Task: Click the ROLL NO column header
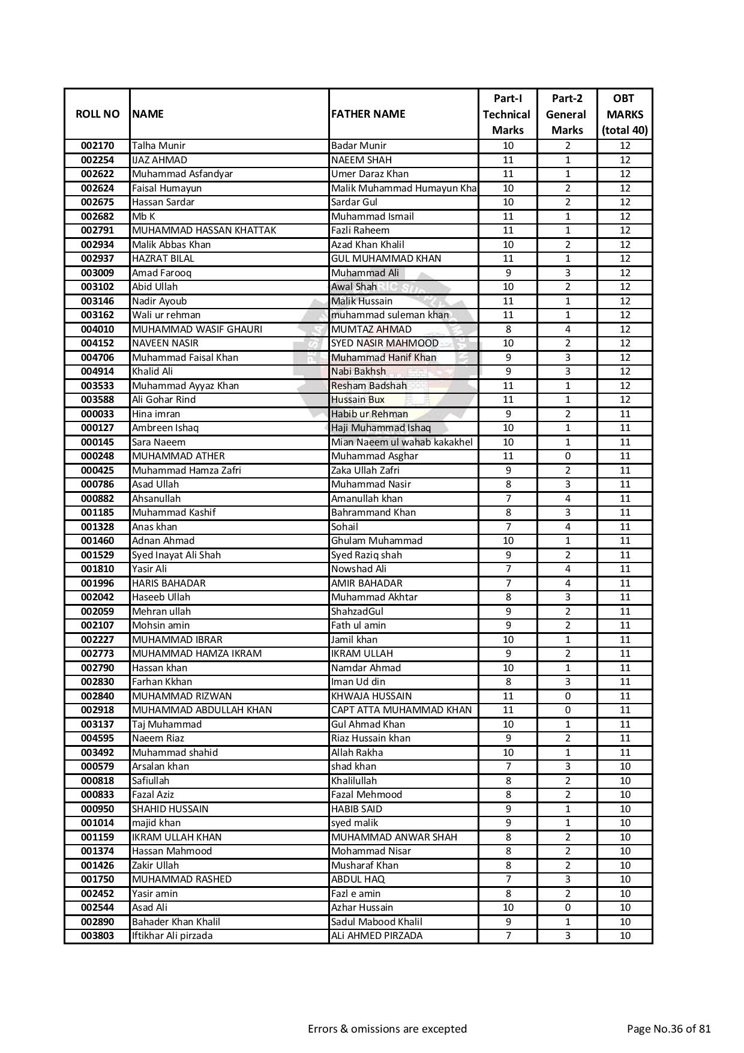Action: tap(97, 114)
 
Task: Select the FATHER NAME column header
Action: tap(368, 114)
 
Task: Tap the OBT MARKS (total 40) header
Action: tap(625, 114)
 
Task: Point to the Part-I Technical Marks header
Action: tap(508, 114)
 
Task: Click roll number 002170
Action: tap(97, 146)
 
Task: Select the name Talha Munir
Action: tap(159, 146)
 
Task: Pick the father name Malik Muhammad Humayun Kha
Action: tap(404, 189)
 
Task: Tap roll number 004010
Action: tap(97, 330)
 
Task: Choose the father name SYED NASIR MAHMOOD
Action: tap(385, 343)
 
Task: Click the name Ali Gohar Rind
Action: tap(164, 400)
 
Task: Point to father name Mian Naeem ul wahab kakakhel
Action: tap(402, 442)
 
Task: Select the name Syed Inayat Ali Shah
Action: tap(176, 555)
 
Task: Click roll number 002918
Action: tap(97, 710)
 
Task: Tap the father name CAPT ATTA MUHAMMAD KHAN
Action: tap(401, 710)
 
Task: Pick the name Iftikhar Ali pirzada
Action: tap(172, 936)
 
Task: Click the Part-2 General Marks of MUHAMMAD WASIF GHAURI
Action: tap(568, 330)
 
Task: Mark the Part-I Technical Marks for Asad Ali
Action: tap(508, 908)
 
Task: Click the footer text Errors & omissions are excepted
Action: tap(387, 1029)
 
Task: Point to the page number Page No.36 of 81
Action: tap(668, 1029)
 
